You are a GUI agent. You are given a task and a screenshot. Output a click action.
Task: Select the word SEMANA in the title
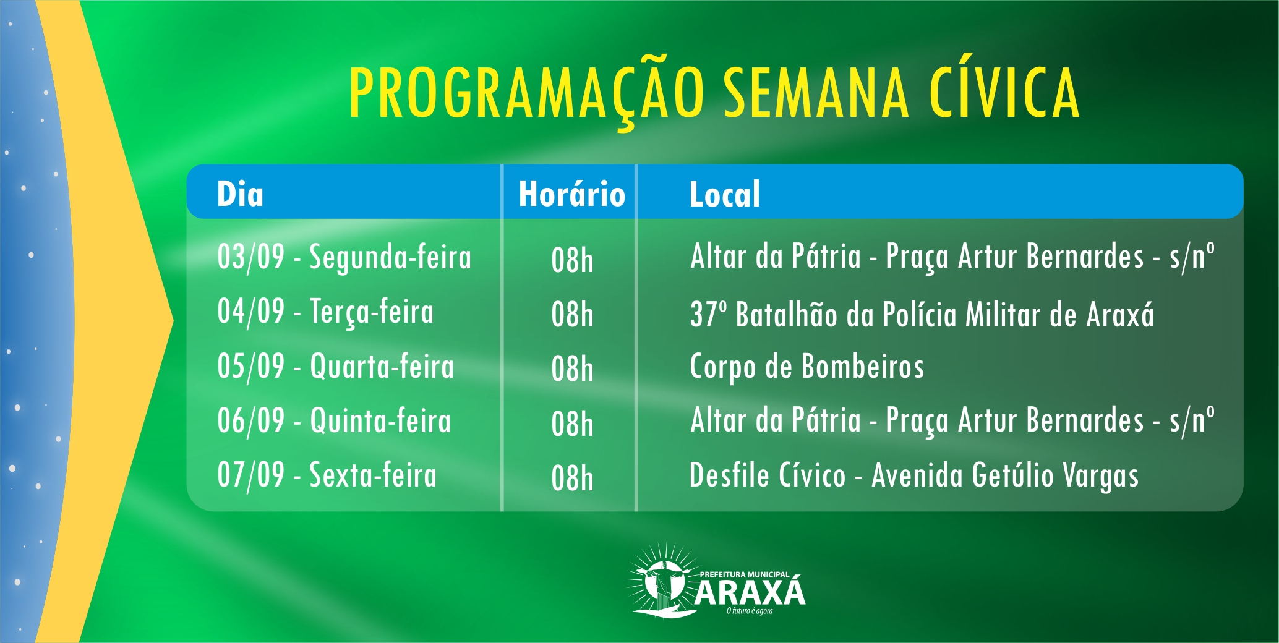(x=817, y=92)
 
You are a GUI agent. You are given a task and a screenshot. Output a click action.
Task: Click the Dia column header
(x=240, y=194)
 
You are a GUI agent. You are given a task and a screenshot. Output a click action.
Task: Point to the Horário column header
(x=572, y=194)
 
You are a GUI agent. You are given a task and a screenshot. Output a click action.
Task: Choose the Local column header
(x=725, y=194)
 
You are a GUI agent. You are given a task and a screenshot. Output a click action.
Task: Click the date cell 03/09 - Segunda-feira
(x=344, y=257)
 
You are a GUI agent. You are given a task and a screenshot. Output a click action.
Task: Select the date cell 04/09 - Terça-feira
(x=325, y=312)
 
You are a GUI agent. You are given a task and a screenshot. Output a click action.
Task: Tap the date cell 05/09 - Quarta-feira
(x=336, y=366)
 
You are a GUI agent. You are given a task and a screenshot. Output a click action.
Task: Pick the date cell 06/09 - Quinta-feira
(x=334, y=420)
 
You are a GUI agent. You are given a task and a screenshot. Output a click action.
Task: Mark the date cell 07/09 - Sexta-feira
(x=327, y=475)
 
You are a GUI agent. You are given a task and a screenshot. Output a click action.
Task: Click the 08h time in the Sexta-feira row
(x=572, y=478)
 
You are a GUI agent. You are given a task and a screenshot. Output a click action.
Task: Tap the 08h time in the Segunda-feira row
(x=572, y=260)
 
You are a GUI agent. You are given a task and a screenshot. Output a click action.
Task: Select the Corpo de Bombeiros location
(x=807, y=367)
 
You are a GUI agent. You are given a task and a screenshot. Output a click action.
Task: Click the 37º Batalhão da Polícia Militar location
(x=922, y=314)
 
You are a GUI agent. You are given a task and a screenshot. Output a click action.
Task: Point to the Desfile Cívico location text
(x=914, y=476)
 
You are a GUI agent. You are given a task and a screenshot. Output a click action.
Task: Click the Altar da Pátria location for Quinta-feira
(x=952, y=420)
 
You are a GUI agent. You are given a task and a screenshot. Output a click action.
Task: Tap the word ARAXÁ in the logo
(x=750, y=592)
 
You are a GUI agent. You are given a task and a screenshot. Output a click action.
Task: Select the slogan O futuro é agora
(x=750, y=611)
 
